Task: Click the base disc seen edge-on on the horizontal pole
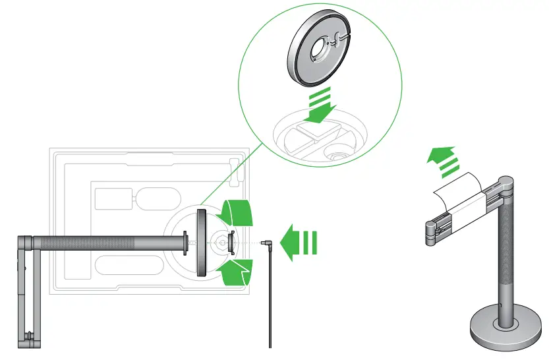201,243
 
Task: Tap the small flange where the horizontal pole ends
185,242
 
